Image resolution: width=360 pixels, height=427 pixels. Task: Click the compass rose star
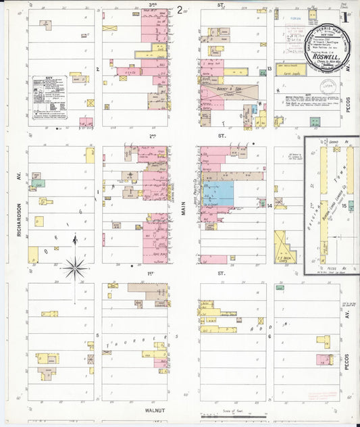75,268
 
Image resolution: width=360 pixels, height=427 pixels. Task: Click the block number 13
268,68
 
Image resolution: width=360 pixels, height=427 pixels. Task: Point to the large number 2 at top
180,9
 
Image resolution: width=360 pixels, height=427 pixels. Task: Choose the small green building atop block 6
280,287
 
